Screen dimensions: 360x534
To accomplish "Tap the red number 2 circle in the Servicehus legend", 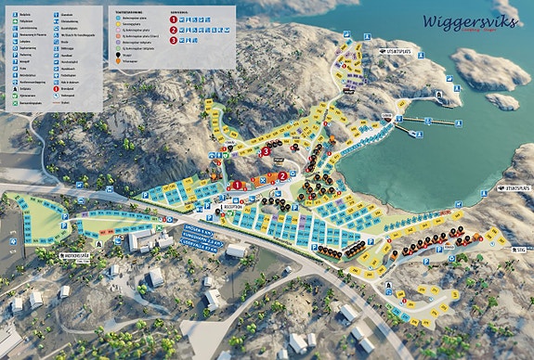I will [x=174, y=31].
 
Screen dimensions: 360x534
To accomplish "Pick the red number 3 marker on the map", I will [x=267, y=150].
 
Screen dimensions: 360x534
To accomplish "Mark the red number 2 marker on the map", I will [x=282, y=176].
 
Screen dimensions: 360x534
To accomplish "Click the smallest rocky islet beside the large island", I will [x=502, y=100].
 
